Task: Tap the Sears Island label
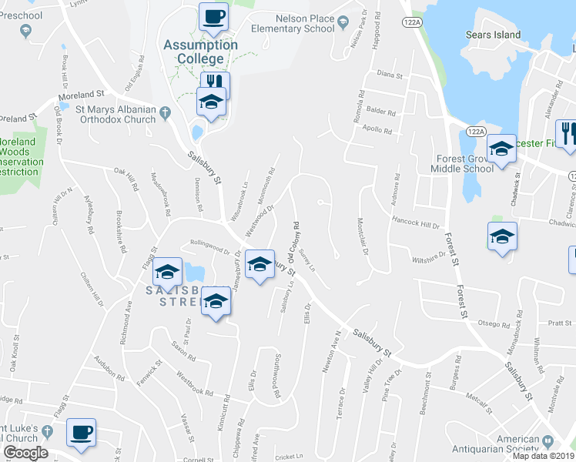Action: point(494,35)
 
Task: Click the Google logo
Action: point(25,452)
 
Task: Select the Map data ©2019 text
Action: point(543,456)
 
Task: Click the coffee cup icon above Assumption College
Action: point(213,15)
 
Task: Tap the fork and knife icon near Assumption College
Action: point(215,83)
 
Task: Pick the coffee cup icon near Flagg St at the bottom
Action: point(81,432)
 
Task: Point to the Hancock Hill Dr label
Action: point(414,226)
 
